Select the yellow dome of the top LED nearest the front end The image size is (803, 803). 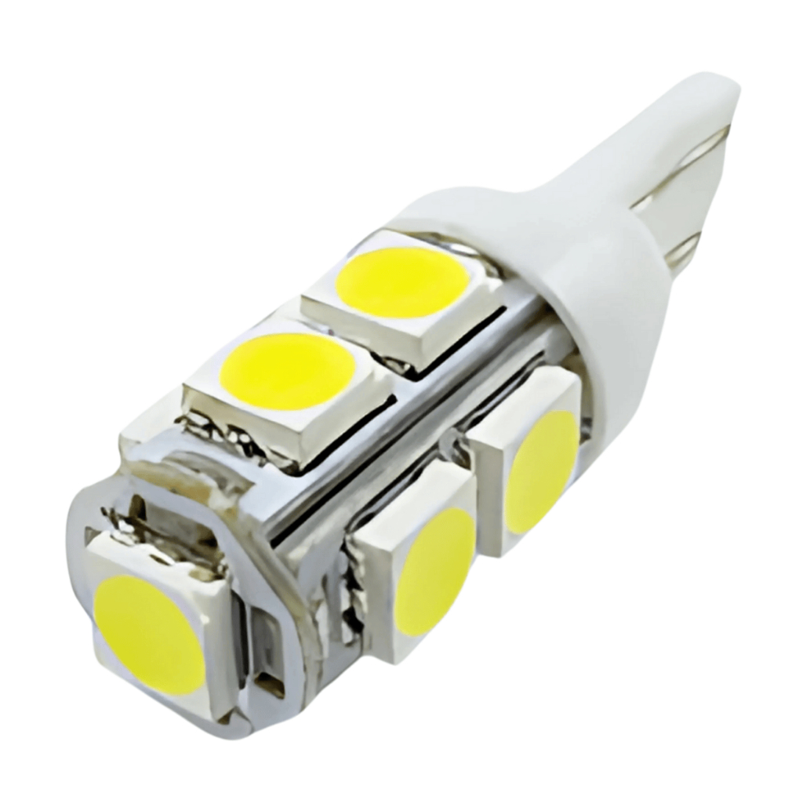click(x=287, y=371)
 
